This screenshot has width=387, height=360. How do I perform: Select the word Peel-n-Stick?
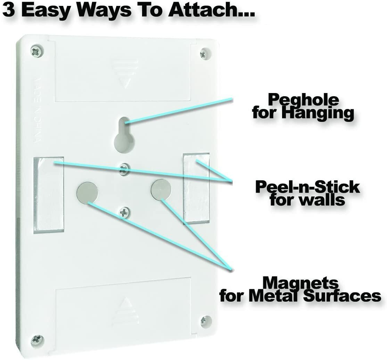[307, 187]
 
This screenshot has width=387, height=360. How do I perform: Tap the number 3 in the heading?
[9, 10]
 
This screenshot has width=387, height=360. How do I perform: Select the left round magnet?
[88, 192]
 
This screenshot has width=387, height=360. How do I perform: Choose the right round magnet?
[161, 189]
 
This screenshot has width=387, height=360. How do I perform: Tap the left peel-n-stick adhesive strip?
[49, 195]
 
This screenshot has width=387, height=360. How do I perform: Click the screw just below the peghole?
[124, 169]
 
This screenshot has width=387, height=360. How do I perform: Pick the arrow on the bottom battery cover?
[125, 311]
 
